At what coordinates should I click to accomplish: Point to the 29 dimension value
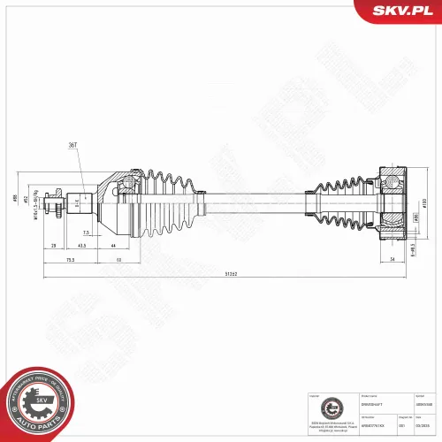(x=53, y=245)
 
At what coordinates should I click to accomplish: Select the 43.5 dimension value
(x=81, y=245)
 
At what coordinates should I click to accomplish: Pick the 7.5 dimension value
(x=87, y=232)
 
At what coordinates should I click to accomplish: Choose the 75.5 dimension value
(x=69, y=260)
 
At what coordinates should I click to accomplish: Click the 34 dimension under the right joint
(x=391, y=260)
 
